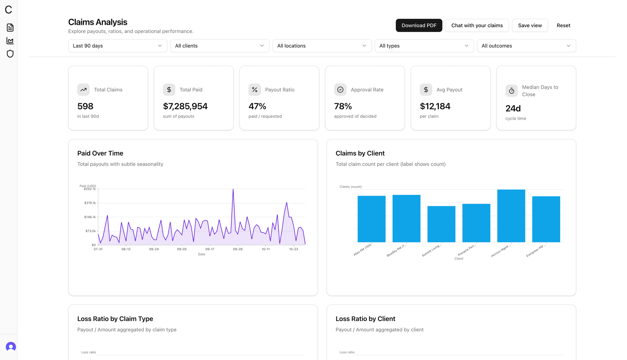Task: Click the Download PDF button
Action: coord(419,25)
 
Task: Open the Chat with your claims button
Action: coord(477,25)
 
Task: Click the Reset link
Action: coord(563,25)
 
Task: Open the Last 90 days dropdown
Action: coord(118,46)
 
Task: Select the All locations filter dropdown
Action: coord(322,46)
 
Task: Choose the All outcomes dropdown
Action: coord(526,46)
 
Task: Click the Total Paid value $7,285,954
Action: coord(185,106)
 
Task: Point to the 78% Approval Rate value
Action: coord(343,106)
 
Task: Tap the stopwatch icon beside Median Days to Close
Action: coord(511,91)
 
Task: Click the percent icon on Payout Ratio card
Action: coord(255,90)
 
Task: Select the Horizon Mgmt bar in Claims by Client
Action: coord(511,216)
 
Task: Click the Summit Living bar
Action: coord(441,224)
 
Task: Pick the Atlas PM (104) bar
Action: coord(371,219)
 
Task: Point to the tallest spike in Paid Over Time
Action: coord(233,190)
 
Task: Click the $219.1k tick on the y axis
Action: coord(90,203)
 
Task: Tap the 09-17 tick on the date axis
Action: coord(210,249)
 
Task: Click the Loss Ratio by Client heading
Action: coord(365,319)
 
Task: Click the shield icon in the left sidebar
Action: coord(10,54)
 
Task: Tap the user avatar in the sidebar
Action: coord(11,347)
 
